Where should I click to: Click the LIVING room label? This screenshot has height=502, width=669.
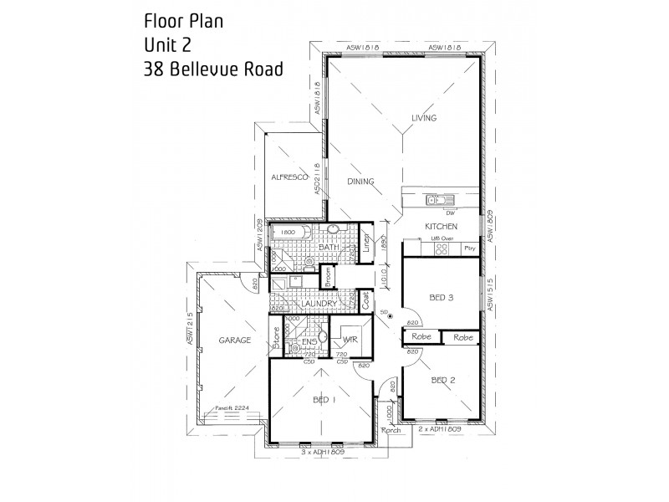[x=424, y=118]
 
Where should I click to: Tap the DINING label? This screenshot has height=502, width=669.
[x=360, y=182]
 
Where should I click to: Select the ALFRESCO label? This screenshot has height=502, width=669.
[x=289, y=177]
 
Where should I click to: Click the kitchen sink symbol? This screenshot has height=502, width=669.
[x=438, y=199]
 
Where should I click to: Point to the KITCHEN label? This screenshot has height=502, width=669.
[x=441, y=227]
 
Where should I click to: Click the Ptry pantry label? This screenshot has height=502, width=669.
[x=469, y=248]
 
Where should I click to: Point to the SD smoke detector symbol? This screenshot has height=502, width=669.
[x=390, y=315]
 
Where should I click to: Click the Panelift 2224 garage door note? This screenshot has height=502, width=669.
[x=232, y=408]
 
